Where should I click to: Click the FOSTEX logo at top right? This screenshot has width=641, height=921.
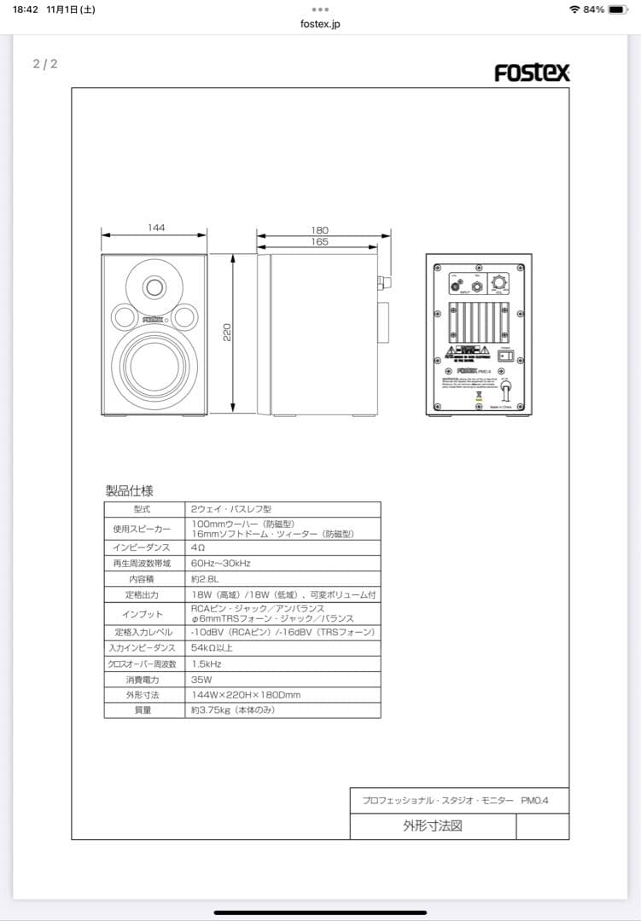[532, 72]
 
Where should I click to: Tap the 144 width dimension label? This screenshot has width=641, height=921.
[155, 228]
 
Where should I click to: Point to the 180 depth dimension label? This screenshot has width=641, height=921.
[320, 230]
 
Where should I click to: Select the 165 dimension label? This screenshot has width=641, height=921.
[320, 242]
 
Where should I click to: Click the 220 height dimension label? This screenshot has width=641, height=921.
[227, 333]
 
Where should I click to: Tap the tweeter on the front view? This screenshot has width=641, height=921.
[154, 286]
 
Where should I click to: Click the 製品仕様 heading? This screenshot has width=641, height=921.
[129, 490]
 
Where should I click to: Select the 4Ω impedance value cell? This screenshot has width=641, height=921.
[197, 547]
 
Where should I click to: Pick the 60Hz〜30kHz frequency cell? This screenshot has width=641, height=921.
[220, 563]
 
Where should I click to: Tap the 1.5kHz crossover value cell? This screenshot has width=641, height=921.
[207, 663]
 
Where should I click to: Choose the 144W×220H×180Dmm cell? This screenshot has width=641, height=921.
[246, 695]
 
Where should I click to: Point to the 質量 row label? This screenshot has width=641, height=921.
[143, 710]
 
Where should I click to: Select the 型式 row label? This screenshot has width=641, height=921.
[143, 508]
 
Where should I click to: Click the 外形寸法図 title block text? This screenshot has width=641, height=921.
[433, 825]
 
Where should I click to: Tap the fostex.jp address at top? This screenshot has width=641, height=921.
[320, 24]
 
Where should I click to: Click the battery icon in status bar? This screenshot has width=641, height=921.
[618, 9]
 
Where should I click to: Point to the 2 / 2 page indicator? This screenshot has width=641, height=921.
[45, 64]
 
